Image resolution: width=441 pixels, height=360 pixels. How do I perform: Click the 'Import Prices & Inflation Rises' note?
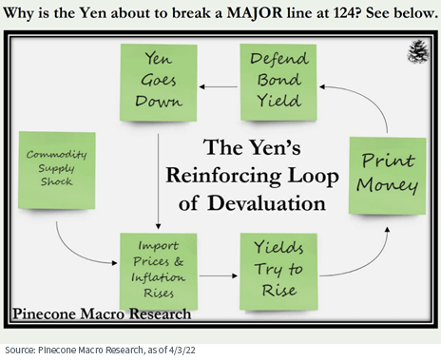click(x=158, y=269)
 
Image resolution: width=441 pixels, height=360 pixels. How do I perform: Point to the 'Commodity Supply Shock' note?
click(x=57, y=170)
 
